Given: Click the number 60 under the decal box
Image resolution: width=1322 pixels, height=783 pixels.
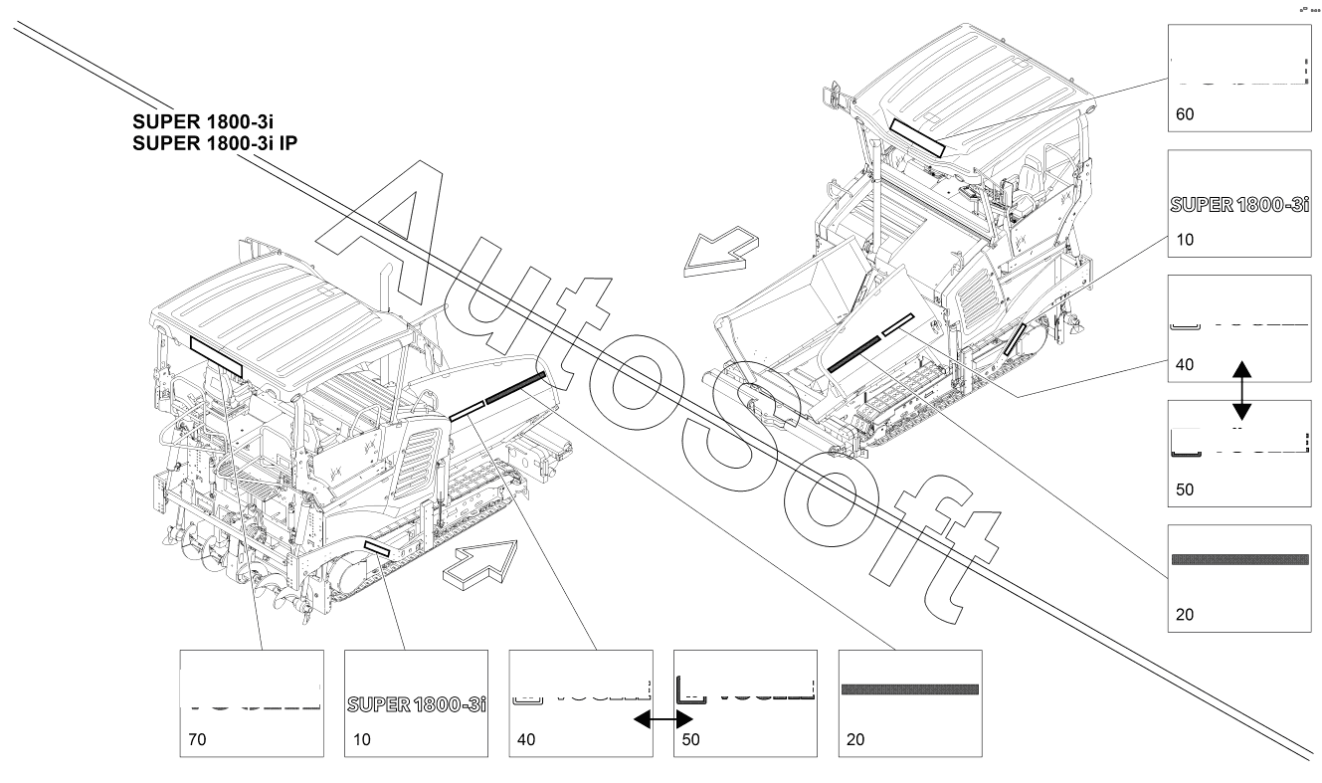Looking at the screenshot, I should (x=1185, y=114).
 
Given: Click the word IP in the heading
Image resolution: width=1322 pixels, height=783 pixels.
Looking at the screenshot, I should (x=288, y=142).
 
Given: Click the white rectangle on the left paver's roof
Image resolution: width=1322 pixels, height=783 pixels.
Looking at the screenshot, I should (x=216, y=356).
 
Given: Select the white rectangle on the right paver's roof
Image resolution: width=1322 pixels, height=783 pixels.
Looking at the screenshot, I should (x=916, y=137).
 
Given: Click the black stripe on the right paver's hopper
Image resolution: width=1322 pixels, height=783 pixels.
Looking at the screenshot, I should (x=852, y=352).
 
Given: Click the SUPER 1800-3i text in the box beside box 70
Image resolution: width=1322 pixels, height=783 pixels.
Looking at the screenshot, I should (x=416, y=704).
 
